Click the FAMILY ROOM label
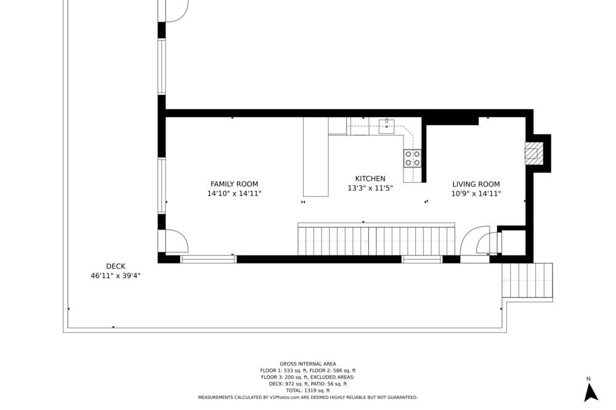click(x=234, y=184)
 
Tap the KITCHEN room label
click(x=370, y=179)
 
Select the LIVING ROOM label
click(x=476, y=184)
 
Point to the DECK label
click(x=116, y=267)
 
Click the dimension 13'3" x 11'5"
click(x=370, y=188)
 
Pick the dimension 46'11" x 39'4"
click(x=116, y=276)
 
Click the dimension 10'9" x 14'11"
click(x=476, y=193)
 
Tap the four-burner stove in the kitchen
click(x=413, y=158)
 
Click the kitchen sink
click(x=387, y=126)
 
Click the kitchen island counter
click(x=315, y=157)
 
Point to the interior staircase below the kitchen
click(x=376, y=239)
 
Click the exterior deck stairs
click(x=527, y=281)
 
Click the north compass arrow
click(x=591, y=392)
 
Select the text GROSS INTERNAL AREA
click(x=307, y=364)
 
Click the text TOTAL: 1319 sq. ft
click(x=307, y=391)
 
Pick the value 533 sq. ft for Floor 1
click(x=294, y=371)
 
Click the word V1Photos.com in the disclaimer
click(x=285, y=398)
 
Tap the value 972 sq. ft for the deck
click(x=297, y=384)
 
